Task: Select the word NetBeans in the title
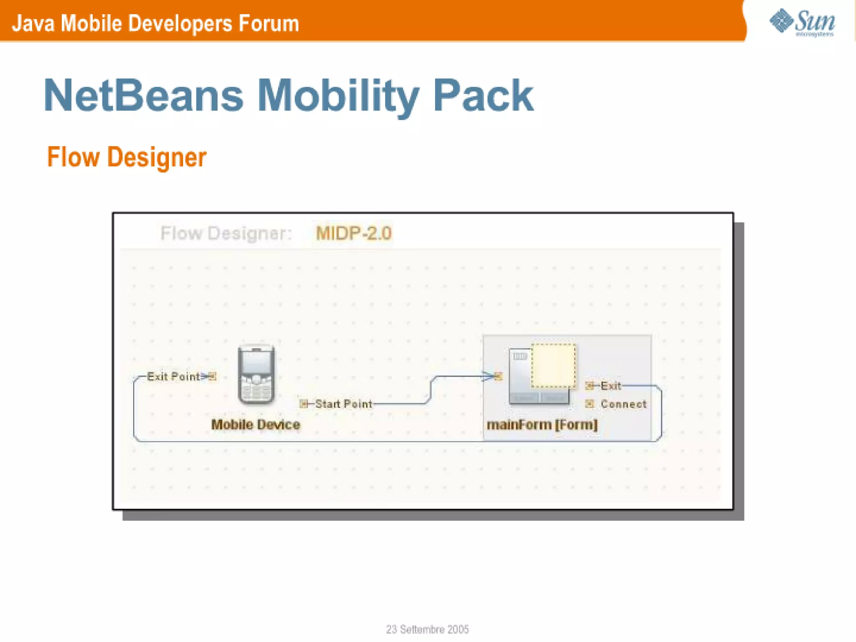[x=143, y=96]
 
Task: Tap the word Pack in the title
[x=483, y=96]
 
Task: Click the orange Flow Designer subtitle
[x=127, y=158]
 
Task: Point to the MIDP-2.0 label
[x=353, y=233]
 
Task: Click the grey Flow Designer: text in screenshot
[x=226, y=233]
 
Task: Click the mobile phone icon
[x=256, y=374]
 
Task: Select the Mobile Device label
[x=255, y=425]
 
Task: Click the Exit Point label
[x=173, y=377]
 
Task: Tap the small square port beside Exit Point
[x=212, y=377]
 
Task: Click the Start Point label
[x=344, y=404]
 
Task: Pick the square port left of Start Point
[x=304, y=404]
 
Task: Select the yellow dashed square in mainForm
[x=553, y=366]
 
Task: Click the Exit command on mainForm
[x=610, y=386]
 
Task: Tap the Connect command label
[x=623, y=404]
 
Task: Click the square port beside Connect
[x=589, y=403]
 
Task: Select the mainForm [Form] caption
[x=542, y=425]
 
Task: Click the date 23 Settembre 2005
[x=427, y=629]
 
